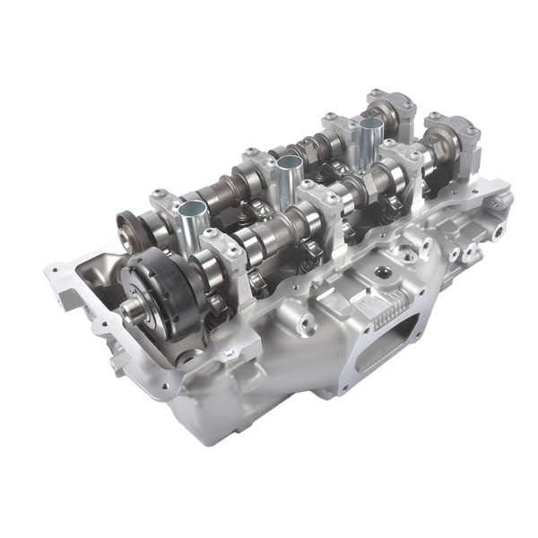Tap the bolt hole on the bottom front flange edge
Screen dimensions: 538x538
167,388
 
